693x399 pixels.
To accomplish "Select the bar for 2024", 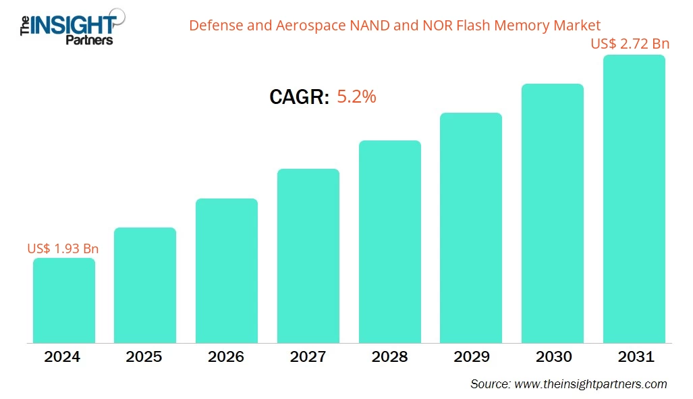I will coord(64,300).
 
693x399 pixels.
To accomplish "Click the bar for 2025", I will coord(145,285).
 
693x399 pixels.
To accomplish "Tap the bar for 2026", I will coord(227,271).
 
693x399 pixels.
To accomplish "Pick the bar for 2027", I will coord(308,256).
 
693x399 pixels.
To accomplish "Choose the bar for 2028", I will coord(390,242).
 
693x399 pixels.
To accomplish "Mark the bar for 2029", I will coord(471,228).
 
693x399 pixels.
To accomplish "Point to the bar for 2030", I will coord(553,213).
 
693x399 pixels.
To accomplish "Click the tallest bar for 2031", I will coord(634,199).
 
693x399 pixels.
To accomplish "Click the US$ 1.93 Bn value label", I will coord(62,248).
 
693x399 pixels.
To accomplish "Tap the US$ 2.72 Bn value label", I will coord(630,45).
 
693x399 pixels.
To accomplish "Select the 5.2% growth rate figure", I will coord(356,97).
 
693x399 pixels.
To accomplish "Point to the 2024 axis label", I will coord(62,357).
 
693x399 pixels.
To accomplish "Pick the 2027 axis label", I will coord(308,357).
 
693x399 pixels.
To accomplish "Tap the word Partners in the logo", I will coord(88,40).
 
